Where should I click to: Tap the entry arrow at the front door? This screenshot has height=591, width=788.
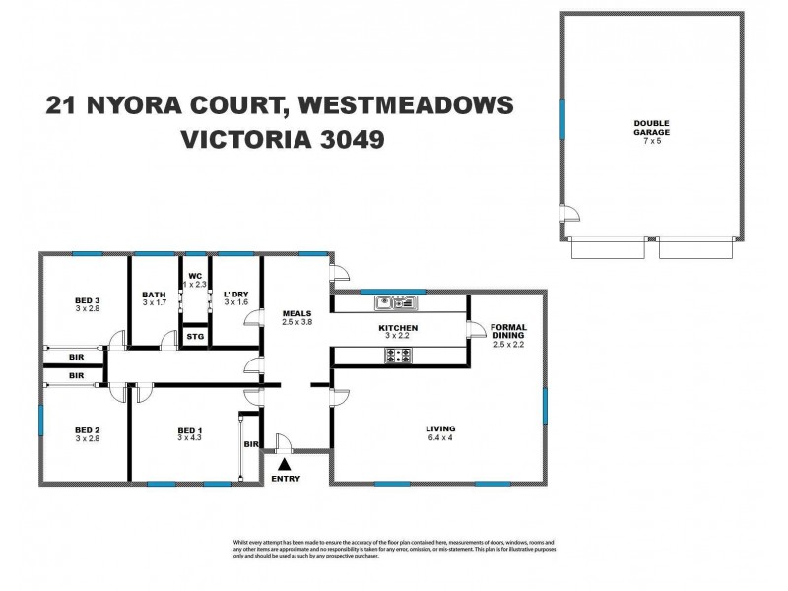click(x=286, y=462)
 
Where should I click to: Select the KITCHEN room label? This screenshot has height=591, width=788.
click(x=399, y=328)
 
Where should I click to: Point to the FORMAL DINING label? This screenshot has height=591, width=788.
click(x=508, y=332)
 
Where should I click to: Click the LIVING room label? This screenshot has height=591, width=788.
click(x=441, y=428)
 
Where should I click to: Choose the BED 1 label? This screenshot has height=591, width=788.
click(x=191, y=430)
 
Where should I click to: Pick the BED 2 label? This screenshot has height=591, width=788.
click(x=89, y=430)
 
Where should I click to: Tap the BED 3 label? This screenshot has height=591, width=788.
click(x=89, y=301)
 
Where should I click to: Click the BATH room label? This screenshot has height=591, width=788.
click(x=154, y=294)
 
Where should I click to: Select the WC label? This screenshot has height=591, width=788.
click(x=195, y=277)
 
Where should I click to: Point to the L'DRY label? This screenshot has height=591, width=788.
click(x=235, y=294)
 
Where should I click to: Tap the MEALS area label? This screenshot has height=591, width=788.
click(x=296, y=314)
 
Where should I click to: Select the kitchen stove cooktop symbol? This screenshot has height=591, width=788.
click(x=402, y=355)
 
